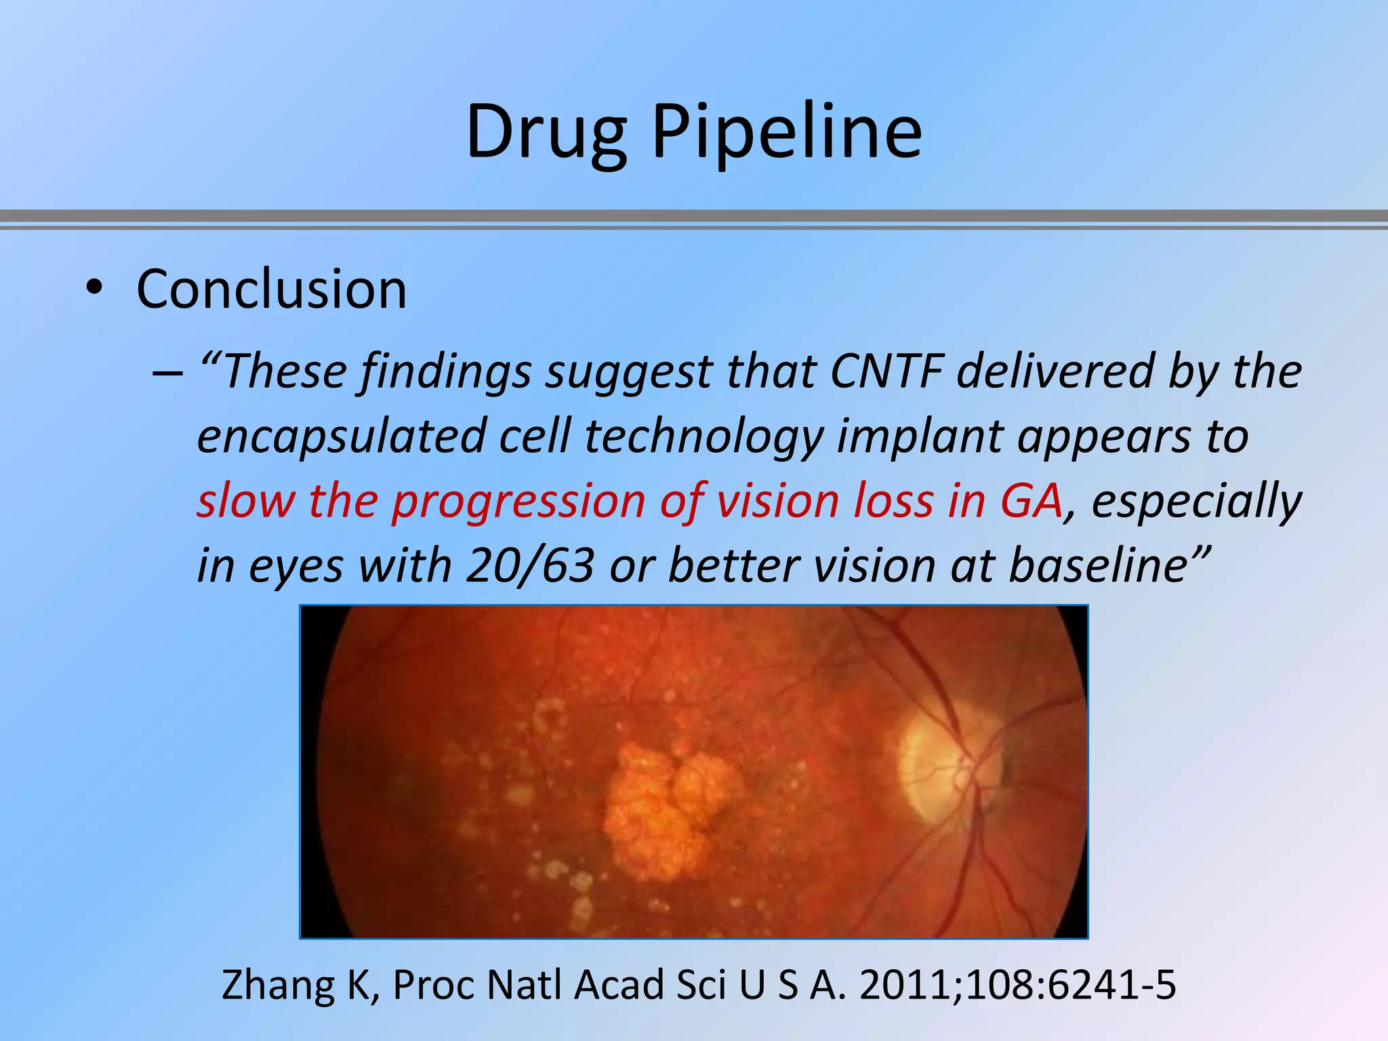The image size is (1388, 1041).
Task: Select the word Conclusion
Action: (x=271, y=290)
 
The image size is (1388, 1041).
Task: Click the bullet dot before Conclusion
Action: (x=94, y=289)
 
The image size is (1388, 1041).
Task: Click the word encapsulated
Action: (x=340, y=436)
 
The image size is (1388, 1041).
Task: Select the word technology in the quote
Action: (x=703, y=436)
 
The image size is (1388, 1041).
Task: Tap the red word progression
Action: (x=518, y=501)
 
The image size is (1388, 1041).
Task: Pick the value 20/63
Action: (x=530, y=565)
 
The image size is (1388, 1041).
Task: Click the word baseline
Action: (x=1098, y=565)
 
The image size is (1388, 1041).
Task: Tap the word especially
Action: (x=1197, y=501)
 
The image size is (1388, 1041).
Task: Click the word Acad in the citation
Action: (x=619, y=985)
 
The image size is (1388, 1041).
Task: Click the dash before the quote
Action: (x=167, y=373)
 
